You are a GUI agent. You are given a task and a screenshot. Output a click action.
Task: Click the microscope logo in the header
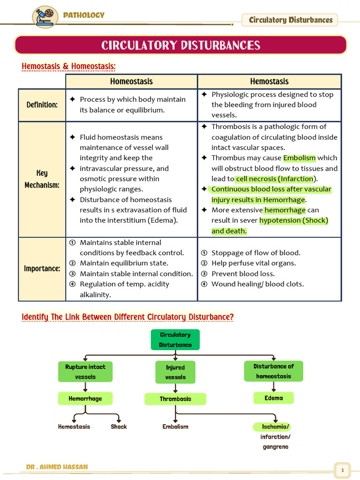[45, 17]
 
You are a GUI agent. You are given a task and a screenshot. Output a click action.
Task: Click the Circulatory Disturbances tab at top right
[290, 20]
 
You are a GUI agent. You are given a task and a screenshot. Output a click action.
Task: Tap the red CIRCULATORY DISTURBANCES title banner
[180, 45]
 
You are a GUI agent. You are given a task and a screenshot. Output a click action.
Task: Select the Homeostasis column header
[131, 82]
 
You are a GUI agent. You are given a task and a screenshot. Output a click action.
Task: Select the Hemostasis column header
[269, 82]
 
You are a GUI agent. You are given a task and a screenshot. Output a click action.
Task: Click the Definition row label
[42, 105]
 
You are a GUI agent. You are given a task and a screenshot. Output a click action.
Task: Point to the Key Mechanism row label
[42, 179]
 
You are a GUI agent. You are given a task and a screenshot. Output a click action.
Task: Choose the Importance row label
[42, 269]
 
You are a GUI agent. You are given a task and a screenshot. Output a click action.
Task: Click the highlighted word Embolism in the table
[300, 158]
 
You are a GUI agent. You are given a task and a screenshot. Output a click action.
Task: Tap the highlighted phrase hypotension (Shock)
[293, 220]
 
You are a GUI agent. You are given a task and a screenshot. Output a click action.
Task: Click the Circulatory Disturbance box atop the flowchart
[175, 340]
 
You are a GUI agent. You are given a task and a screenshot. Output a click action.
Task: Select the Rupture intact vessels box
[85, 372]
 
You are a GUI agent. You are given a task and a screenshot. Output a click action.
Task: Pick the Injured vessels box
[175, 372]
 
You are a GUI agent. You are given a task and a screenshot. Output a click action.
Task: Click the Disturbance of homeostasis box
[274, 371]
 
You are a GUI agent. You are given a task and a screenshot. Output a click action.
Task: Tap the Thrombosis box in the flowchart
[175, 399]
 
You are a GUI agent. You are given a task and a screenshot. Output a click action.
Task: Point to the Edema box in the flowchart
[274, 398]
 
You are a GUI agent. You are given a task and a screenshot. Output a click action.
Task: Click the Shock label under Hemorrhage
[119, 427]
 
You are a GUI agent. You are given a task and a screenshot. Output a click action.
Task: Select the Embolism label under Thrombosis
[175, 427]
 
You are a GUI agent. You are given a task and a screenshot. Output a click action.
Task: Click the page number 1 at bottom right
[343, 470]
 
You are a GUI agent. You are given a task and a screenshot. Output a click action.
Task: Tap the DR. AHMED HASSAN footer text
[57, 467]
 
